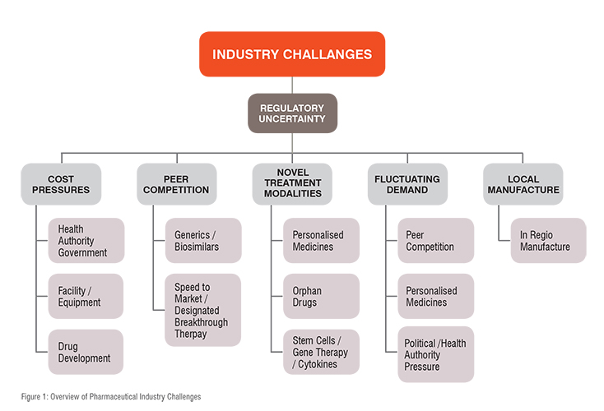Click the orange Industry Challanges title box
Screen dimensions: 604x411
click(292, 54)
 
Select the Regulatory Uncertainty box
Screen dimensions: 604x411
click(292, 113)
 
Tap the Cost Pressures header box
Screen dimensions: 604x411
click(61, 184)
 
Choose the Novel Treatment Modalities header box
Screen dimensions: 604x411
click(292, 184)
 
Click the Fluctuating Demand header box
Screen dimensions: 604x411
click(407, 184)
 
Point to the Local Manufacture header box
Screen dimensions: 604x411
click(523, 184)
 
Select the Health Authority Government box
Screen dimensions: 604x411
click(86, 241)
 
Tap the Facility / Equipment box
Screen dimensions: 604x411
click(86, 296)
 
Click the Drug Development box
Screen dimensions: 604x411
click(86, 352)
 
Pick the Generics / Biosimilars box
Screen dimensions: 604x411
click(203, 241)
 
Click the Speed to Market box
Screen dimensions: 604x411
click(203, 310)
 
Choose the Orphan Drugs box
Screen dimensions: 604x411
click(321, 296)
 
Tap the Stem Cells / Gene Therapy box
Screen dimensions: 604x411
click(321, 352)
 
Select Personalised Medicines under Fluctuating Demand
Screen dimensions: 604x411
click(436, 296)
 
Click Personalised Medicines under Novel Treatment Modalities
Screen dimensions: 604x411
click(321, 241)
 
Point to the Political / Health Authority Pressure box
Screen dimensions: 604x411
click(436, 354)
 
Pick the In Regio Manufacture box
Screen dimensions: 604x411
click(549, 241)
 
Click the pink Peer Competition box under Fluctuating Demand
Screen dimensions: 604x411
click(436, 241)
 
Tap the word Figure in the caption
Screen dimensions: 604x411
click(30, 397)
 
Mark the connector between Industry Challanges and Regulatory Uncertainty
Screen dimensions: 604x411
click(292, 85)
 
